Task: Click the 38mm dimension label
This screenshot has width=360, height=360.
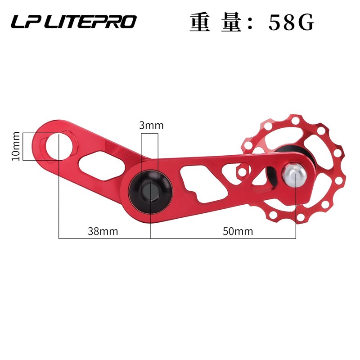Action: click(103, 231)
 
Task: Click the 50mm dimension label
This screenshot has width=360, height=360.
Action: click(238, 231)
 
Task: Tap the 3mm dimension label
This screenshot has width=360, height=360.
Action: click(151, 126)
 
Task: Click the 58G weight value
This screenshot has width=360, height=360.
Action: click(291, 23)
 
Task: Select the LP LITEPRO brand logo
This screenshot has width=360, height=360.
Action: click(74, 22)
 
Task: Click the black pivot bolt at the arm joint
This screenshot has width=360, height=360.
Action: click(150, 189)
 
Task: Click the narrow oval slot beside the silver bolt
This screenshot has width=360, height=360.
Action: click(273, 174)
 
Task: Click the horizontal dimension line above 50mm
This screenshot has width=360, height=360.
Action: click(223, 237)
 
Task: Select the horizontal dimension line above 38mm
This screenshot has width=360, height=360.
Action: click(104, 237)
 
